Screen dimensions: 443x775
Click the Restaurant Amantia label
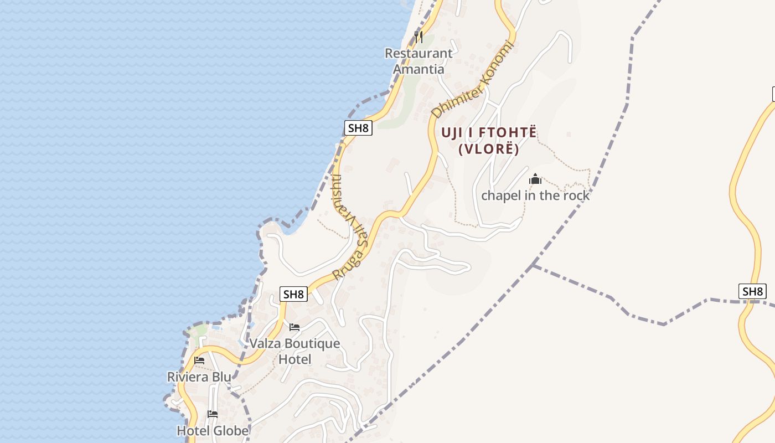click(418, 61)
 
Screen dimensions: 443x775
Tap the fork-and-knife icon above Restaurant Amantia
click(418, 37)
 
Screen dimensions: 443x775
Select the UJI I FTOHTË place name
click(489, 133)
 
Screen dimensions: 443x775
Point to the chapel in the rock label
click(535, 195)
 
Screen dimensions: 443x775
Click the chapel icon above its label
click(535, 179)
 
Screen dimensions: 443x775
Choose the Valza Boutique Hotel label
click(294, 351)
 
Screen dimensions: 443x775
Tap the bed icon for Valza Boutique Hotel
click(294, 327)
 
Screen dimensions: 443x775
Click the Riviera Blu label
click(199, 377)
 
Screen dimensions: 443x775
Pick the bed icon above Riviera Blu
click(199, 360)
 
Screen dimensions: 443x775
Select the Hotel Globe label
click(213, 430)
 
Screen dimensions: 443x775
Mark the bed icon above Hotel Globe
click(213, 414)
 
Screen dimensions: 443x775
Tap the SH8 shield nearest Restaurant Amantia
click(358, 128)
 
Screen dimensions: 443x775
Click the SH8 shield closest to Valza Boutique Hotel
click(293, 294)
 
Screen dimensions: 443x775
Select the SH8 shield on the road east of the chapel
click(752, 291)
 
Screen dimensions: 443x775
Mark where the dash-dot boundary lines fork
click(533, 265)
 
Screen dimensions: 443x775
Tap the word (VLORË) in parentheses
click(489, 149)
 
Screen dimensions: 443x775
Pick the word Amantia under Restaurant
click(418, 69)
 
